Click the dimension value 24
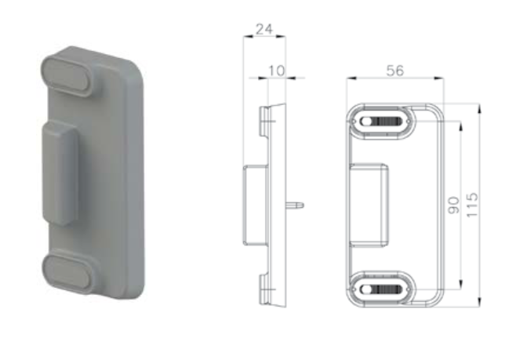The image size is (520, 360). pos(264,31)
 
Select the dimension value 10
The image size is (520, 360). pos(276,71)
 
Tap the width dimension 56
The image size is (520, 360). pos(395,71)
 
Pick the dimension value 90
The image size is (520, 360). pos(454,205)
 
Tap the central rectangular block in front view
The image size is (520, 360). pos(369,204)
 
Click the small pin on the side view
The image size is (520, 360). pos(297,205)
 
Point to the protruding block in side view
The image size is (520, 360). pos(254,205)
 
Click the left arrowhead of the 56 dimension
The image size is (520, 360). pos(350,78)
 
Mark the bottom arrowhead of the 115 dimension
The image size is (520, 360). pos(478,304)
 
